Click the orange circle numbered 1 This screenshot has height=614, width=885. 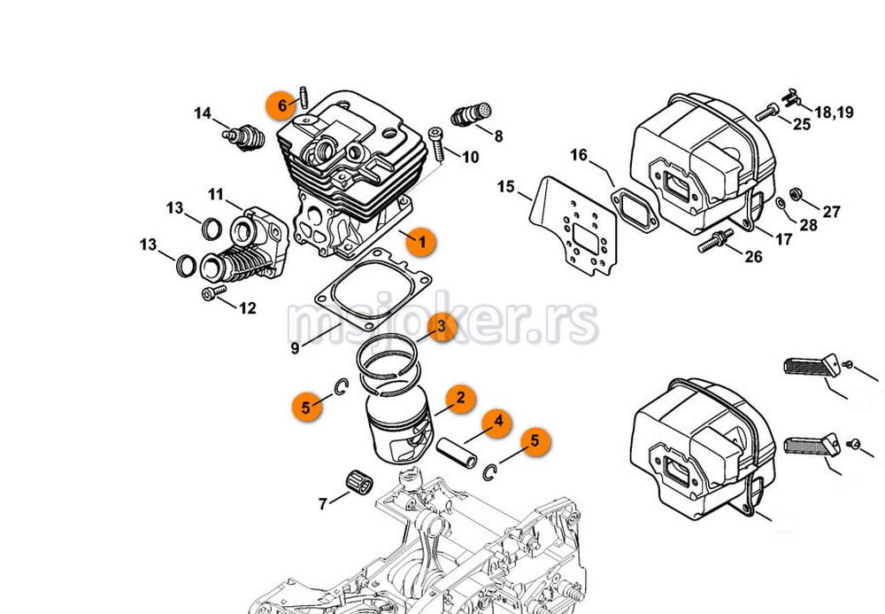[421, 242]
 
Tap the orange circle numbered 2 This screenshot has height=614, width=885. [460, 398]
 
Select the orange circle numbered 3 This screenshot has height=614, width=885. [442, 326]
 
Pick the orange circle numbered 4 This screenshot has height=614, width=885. [496, 423]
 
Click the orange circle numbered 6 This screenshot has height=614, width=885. [281, 105]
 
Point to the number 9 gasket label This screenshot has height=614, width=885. [295, 348]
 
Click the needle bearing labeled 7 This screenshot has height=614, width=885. [359, 482]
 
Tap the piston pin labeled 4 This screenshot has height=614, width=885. [457, 453]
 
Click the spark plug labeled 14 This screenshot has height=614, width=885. [244, 137]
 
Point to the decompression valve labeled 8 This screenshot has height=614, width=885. [472, 114]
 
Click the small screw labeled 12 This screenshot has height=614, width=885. [214, 292]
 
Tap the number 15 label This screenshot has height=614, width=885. [505, 186]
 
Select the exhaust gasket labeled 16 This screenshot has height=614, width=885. [635, 210]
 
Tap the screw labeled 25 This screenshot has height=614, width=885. [767, 113]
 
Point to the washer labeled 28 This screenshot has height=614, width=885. [780, 203]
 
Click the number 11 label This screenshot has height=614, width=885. [216, 195]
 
